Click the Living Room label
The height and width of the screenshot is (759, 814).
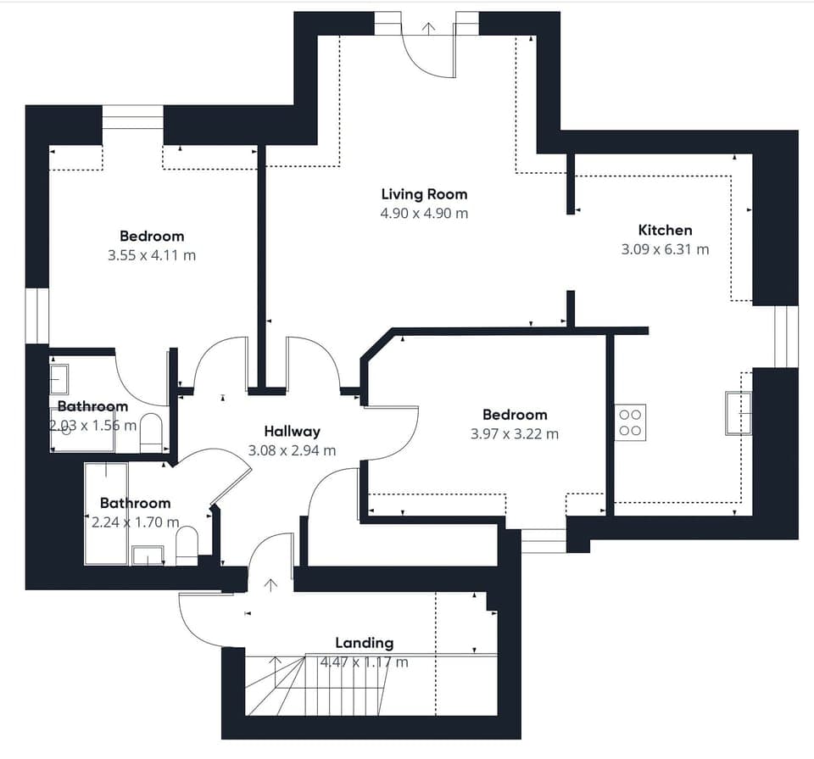(424, 194)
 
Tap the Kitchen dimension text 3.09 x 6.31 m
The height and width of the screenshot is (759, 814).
(665, 249)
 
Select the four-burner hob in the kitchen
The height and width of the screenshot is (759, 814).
(630, 421)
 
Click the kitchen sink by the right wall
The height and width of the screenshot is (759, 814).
(738, 413)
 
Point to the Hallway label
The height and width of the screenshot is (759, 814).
(292, 432)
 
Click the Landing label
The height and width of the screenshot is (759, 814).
(364, 643)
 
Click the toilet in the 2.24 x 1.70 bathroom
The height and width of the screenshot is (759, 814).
(187, 545)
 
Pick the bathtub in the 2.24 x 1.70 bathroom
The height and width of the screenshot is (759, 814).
(106, 513)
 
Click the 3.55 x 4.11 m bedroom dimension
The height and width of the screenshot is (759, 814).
(152, 255)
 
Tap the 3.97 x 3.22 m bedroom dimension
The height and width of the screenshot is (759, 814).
(515, 434)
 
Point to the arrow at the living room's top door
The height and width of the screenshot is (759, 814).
(429, 28)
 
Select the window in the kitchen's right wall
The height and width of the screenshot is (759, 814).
(786, 337)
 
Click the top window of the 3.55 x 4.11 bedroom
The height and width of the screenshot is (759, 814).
(132, 117)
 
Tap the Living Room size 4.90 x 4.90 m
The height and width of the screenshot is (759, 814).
(424, 214)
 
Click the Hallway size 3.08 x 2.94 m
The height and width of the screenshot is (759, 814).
(292, 450)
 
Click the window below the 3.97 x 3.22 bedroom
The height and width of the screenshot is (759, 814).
(543, 540)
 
